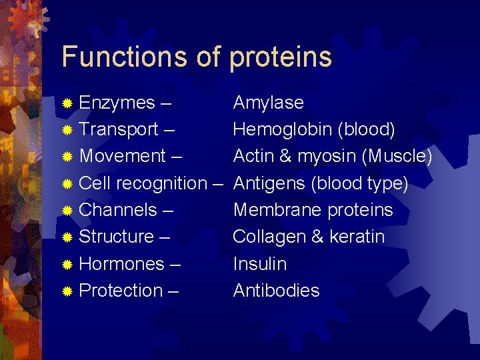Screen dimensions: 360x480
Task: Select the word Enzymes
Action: click(117, 103)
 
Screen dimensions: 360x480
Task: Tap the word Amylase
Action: click(268, 103)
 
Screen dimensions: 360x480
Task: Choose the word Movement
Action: click(122, 156)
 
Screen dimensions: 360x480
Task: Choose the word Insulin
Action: click(259, 264)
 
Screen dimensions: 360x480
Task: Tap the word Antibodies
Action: click(276, 291)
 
